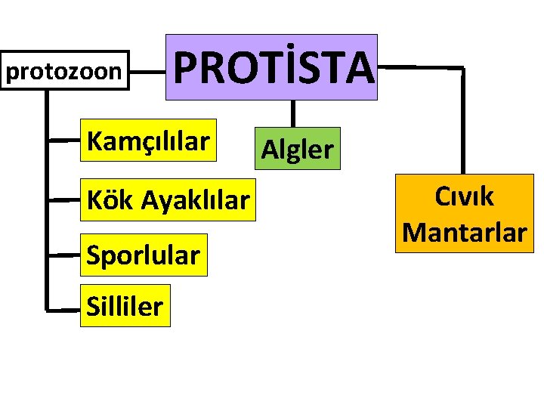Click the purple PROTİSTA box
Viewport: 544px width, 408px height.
pos(271,67)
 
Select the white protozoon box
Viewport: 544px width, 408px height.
pos(63,72)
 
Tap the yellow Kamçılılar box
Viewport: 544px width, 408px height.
pos(148,141)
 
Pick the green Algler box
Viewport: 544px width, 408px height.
pos(296,149)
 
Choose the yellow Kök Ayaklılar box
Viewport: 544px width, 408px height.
pos(168,200)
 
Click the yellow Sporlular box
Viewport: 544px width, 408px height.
pos(143,255)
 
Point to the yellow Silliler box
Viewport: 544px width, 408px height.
pos(125,306)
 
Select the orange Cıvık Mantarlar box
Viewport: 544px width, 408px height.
pos(464,213)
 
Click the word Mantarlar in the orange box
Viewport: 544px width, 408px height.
pos(464,231)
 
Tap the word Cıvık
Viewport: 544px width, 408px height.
pos(464,196)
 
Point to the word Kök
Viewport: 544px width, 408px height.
pos(110,200)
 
